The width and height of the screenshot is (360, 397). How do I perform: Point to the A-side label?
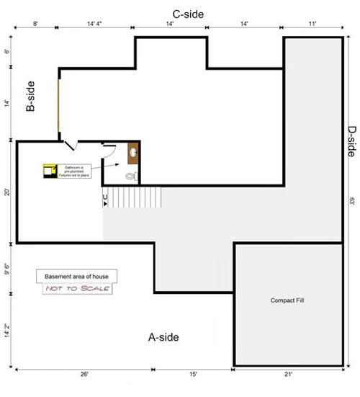point(163,336)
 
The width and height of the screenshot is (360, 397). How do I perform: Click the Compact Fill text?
point(287,300)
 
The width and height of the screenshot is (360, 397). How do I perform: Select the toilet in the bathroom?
point(131,175)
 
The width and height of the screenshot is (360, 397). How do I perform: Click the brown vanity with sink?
point(133,152)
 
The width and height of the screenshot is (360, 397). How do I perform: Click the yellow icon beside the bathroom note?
point(48,170)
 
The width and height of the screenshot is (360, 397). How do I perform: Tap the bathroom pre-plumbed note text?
point(71,169)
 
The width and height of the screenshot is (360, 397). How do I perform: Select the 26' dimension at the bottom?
point(84,374)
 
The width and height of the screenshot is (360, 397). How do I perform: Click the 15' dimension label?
point(193,374)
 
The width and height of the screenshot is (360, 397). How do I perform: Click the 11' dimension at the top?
point(312,24)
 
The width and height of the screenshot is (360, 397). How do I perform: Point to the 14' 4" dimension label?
point(94,24)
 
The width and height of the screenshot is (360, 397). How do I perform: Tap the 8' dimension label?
point(35,24)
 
